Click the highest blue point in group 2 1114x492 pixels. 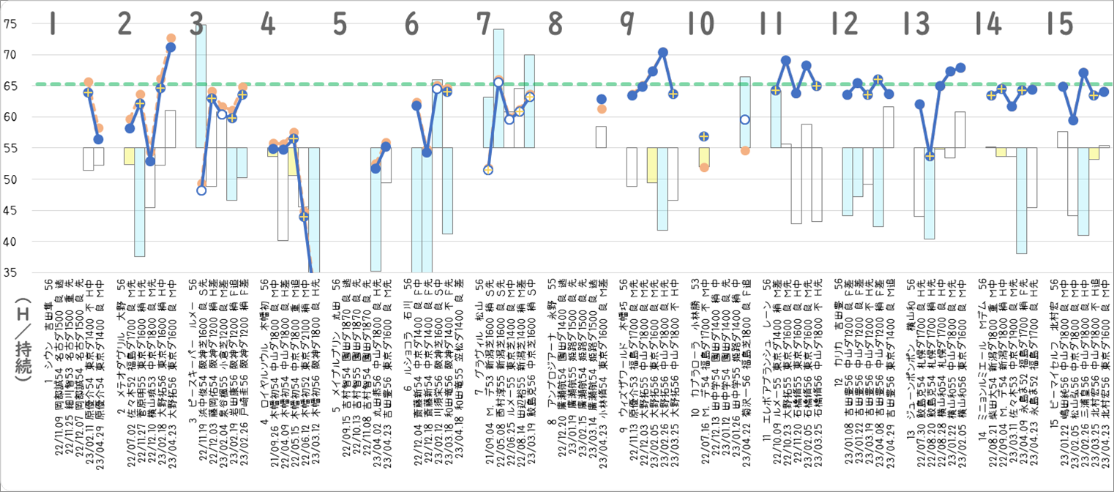point(171,48)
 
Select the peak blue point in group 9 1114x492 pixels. point(663,53)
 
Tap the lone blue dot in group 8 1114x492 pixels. point(602,99)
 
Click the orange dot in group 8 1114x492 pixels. point(602,109)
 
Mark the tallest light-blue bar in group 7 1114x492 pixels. point(498,89)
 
